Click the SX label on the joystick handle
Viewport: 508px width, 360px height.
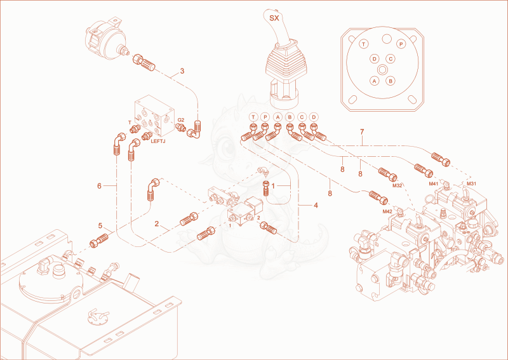274,18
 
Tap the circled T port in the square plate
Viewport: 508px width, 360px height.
364,44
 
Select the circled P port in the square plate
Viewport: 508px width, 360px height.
401,44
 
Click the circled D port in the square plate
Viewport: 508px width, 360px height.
375,59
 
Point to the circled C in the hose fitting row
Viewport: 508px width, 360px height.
302,117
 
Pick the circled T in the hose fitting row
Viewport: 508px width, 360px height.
253,117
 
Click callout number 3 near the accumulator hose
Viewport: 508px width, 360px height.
182,71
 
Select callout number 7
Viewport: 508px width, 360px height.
362,132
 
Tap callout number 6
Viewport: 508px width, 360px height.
99,185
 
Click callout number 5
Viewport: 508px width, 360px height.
100,225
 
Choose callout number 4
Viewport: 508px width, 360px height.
316,205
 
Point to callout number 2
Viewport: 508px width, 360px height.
156,223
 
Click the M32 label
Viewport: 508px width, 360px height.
398,185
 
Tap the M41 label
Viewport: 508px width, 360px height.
434,183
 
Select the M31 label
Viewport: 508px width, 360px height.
471,183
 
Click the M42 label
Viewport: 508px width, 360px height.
387,211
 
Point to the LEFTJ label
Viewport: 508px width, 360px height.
158,142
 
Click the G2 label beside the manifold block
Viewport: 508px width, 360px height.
181,120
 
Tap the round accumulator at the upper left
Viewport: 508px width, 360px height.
105,41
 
